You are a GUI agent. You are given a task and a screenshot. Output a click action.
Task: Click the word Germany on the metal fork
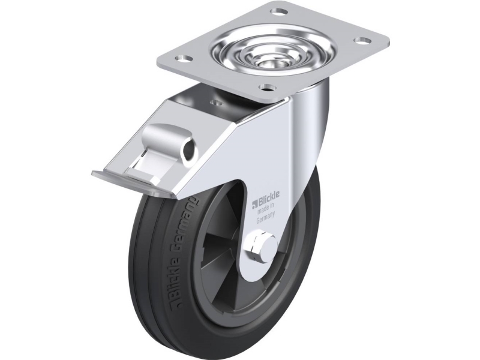point(265,217)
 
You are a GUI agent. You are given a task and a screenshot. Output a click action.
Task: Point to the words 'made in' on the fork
point(264,209)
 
